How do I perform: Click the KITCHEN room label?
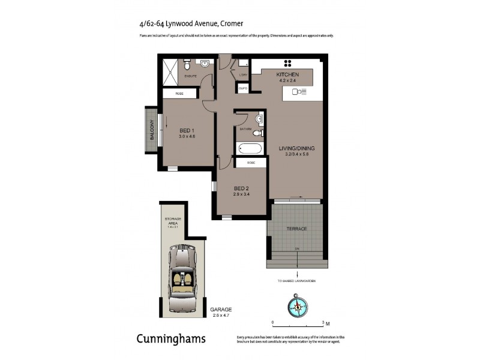point(287,74)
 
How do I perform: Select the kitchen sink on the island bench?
point(298,92)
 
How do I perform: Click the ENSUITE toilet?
point(187,62)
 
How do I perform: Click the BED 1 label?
point(187,131)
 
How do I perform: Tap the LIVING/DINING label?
point(296,148)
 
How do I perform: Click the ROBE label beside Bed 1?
point(179,94)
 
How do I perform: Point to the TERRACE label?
point(296,229)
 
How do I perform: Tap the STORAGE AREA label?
point(173,222)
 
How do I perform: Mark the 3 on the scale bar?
point(323,322)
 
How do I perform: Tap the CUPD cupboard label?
point(243,88)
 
